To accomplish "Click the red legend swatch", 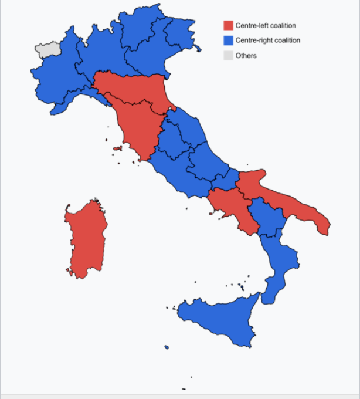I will pos(228,26).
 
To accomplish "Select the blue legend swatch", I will pos(228,40).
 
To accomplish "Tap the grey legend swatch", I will pos(228,56).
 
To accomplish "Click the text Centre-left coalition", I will pos(266,26).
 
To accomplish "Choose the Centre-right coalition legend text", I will pos(268,40).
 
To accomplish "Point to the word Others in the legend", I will pos(246,56).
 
